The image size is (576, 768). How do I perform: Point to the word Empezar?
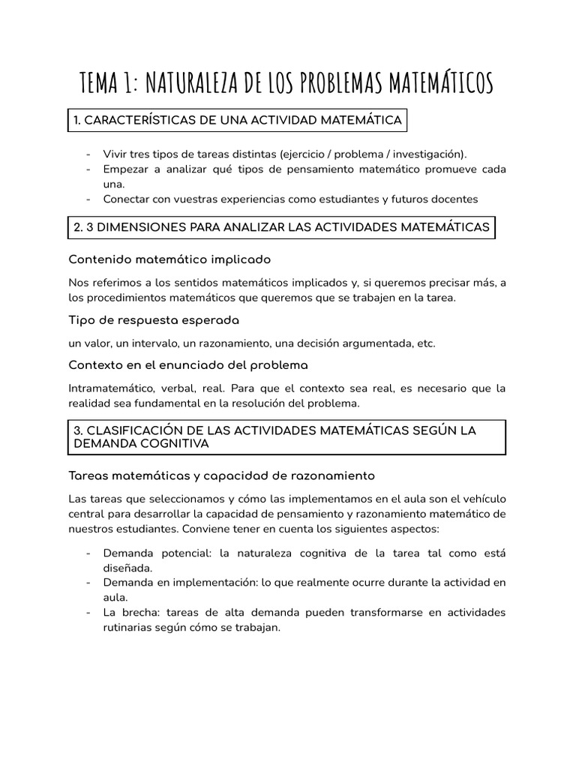click(127, 169)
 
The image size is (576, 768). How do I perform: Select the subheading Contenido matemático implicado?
click(169, 259)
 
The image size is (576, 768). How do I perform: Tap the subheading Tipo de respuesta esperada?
click(154, 320)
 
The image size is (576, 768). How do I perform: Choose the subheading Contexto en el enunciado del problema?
click(188, 365)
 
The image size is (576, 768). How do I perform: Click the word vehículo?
click(484, 499)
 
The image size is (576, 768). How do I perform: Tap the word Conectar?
click(127, 199)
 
